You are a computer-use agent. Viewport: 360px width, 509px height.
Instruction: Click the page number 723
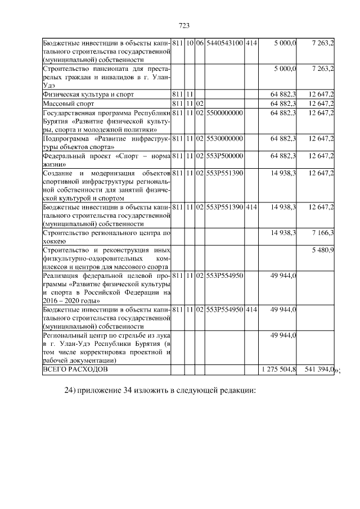tap(183, 25)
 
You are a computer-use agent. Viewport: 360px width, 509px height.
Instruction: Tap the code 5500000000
tap(224, 113)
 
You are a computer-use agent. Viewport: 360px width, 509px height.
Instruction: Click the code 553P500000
tap(224, 156)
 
